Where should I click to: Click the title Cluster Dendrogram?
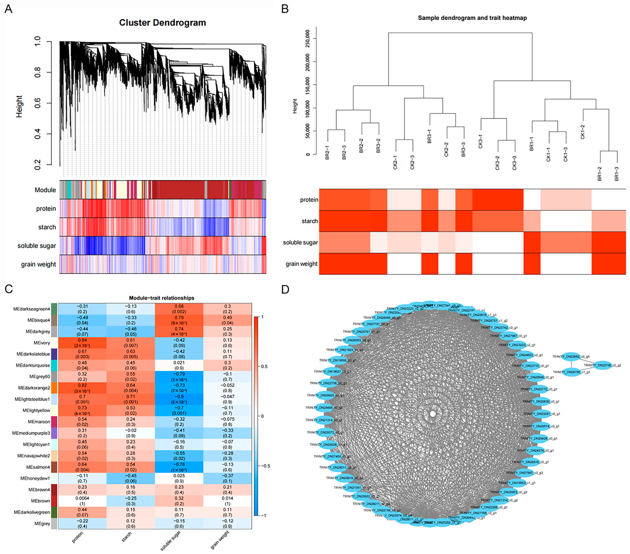pos(162,23)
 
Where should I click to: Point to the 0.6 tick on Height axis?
pos(37,103)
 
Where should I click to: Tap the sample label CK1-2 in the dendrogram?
pos(583,132)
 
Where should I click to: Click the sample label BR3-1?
pos(429,136)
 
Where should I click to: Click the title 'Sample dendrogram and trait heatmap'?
pos(472,18)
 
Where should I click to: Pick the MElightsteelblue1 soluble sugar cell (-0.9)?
pos(179,399)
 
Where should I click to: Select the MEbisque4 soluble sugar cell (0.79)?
pos(179,320)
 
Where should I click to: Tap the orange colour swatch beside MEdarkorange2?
pos(54,388)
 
